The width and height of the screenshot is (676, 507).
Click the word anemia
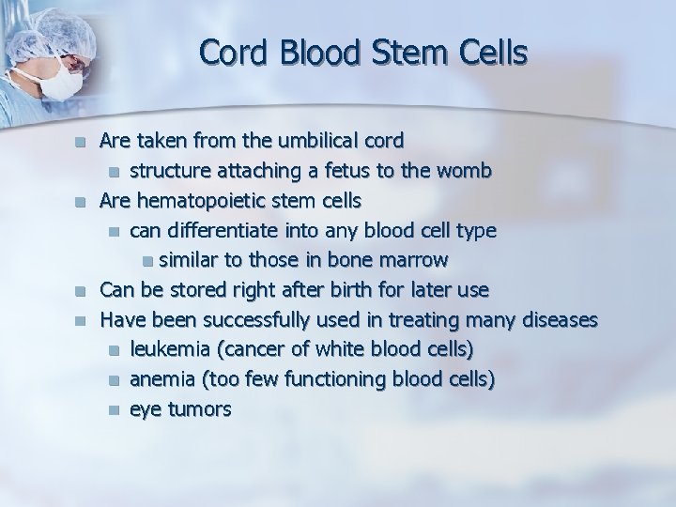[x=161, y=379]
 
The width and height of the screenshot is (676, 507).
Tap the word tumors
[x=198, y=409]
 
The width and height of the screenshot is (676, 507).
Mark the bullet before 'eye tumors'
[x=114, y=410]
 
